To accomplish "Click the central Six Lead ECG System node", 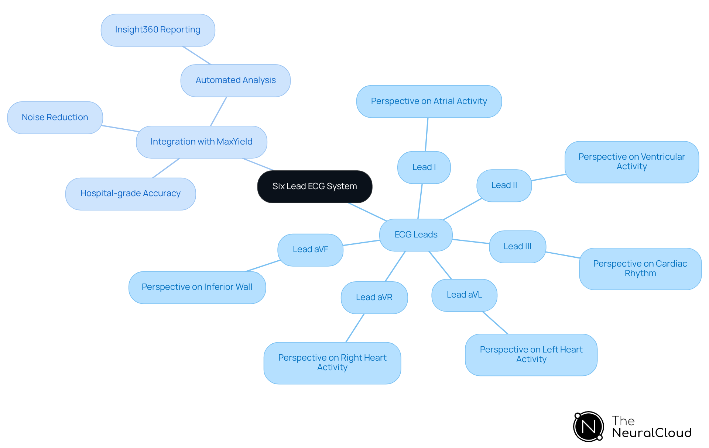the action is (x=315, y=187).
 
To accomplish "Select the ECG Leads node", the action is (x=416, y=235).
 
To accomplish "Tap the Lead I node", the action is (x=424, y=167).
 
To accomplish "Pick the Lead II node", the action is (x=504, y=185).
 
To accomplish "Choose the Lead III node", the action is (x=517, y=247).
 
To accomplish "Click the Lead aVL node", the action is (x=464, y=295).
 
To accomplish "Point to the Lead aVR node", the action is (x=374, y=298).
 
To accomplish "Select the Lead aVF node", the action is (x=310, y=250).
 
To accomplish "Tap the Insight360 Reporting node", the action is (x=158, y=30).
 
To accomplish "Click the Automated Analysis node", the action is (x=236, y=80).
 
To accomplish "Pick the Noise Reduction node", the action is (x=55, y=118).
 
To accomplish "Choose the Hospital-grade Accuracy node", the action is (x=130, y=194).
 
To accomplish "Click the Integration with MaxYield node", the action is (x=201, y=142).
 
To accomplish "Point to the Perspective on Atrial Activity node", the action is (x=429, y=101).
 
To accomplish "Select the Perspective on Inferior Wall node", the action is (x=197, y=287).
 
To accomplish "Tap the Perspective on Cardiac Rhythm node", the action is (x=640, y=269).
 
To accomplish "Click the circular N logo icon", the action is (x=588, y=427).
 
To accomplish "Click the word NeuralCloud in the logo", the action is (x=652, y=433).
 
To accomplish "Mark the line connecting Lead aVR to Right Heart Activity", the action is (x=355, y=328).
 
